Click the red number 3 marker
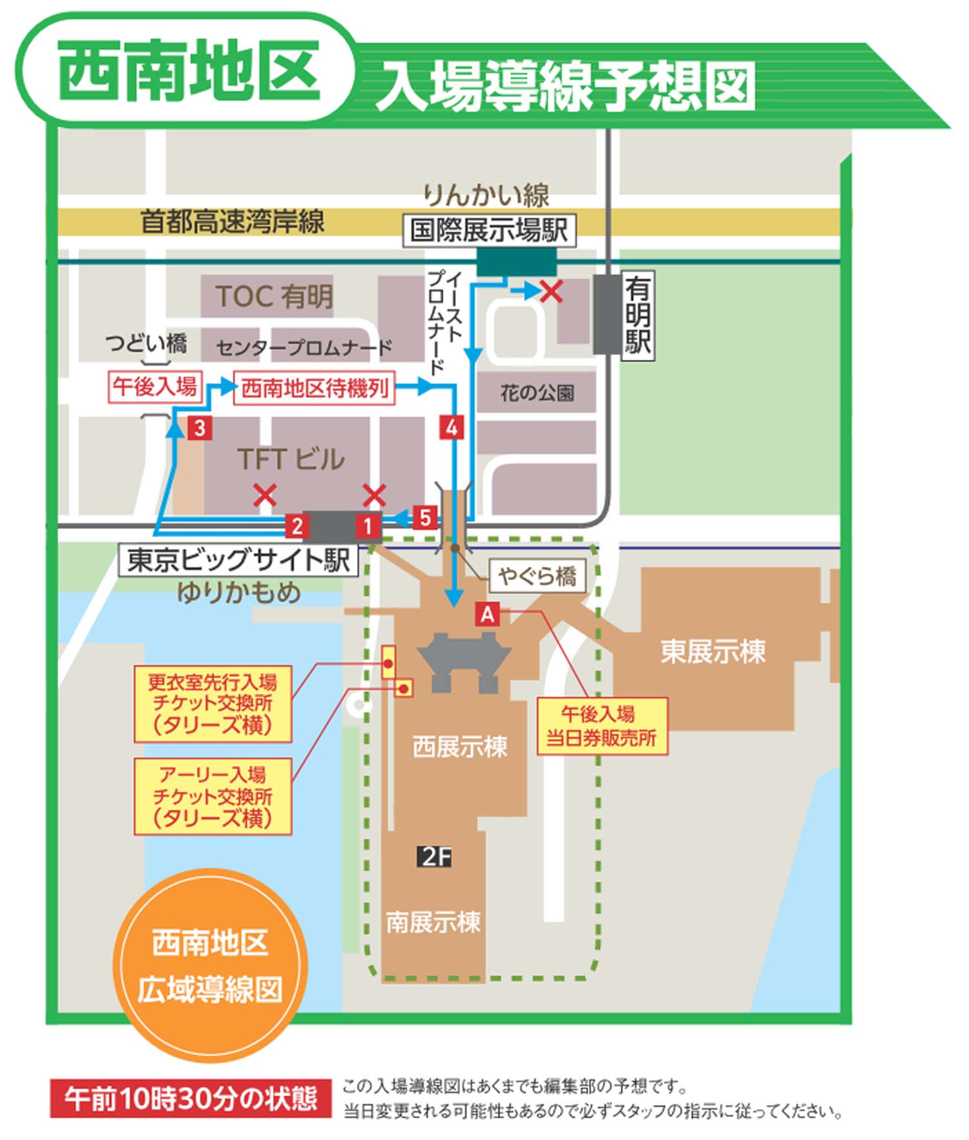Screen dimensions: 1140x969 [200, 428]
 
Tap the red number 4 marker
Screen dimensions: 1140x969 [452, 428]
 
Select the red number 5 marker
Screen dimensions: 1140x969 [425, 517]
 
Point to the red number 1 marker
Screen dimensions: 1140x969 [368, 526]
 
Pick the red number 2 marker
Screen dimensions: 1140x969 [297, 526]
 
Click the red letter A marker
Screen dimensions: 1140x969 [487, 614]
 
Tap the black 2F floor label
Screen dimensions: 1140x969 [435, 856]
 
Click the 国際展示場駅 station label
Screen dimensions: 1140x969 [489, 230]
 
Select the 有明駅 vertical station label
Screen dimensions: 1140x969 [638, 315]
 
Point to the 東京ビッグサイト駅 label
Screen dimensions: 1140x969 [238, 560]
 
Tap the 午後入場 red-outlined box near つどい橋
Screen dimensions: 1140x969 [155, 387]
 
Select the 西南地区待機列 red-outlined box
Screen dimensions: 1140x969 [314, 388]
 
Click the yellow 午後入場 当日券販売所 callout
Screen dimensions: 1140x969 [601, 726]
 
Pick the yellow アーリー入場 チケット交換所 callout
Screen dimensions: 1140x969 [213, 796]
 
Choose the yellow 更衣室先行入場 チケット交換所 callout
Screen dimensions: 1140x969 [213, 703]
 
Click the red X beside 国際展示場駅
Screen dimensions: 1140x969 [551, 292]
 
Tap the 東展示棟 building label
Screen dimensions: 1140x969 [713, 651]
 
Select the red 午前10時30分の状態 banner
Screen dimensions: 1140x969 [191, 1099]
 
